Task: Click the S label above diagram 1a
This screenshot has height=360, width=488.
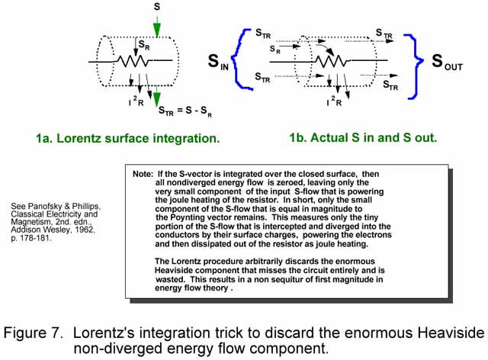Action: click(157, 6)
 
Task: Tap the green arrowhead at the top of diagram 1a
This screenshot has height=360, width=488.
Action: click(157, 31)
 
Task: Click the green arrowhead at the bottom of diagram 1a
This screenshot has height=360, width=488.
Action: click(156, 98)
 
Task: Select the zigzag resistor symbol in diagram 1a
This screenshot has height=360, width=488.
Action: click(133, 61)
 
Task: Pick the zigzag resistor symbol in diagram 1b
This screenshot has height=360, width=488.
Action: click(332, 61)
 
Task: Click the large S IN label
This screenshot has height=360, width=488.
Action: click(218, 62)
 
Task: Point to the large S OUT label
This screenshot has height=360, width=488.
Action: click(447, 62)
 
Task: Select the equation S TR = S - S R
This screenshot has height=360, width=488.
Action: click(185, 111)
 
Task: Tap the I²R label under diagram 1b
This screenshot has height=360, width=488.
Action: click(334, 101)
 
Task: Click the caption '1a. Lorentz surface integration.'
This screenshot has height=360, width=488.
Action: click(128, 138)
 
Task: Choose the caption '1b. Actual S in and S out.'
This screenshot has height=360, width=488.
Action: click(363, 137)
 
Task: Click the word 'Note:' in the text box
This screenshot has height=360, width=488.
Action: click(143, 174)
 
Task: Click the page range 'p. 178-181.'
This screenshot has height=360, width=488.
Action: click(31, 239)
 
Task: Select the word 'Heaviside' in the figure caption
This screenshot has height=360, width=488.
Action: click(451, 333)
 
